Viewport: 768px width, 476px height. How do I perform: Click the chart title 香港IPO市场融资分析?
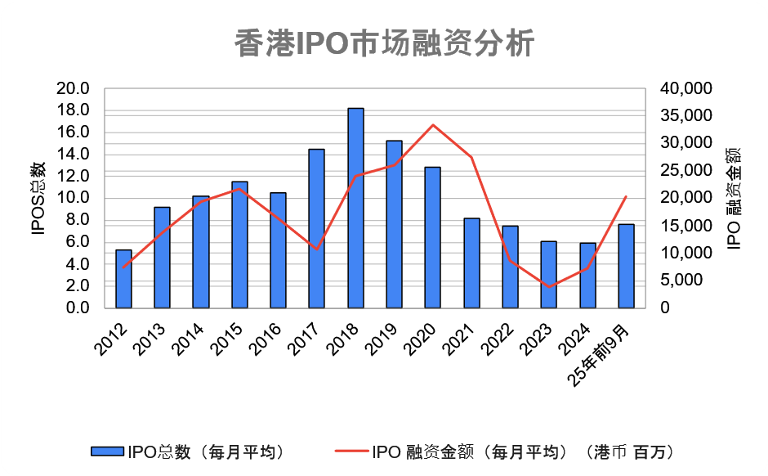pos(384,43)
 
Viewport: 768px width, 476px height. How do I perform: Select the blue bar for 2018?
pos(355,208)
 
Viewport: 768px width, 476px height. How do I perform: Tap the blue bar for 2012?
pos(123,278)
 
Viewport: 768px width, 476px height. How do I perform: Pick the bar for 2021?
pos(471,263)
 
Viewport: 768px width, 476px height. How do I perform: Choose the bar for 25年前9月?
pos(626,266)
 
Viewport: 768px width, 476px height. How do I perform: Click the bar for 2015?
pos(239,245)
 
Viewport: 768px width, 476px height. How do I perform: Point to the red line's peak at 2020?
pos(433,125)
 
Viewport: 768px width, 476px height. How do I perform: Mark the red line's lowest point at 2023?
pos(549,287)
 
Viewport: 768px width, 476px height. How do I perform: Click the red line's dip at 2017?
pos(317,249)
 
